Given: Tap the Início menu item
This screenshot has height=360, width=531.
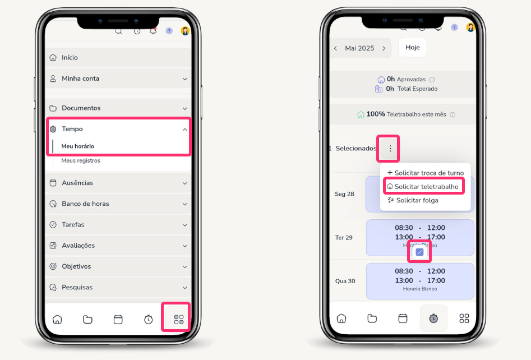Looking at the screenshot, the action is click(x=70, y=58).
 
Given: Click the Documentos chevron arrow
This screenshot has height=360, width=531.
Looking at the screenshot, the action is click(x=185, y=108).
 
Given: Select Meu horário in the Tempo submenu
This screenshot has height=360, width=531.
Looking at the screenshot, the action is click(x=77, y=146).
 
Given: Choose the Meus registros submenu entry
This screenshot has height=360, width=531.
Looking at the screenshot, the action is click(x=81, y=160).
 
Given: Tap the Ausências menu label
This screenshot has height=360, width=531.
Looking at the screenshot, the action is click(x=77, y=183).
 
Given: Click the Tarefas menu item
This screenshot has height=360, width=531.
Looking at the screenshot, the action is click(x=73, y=224).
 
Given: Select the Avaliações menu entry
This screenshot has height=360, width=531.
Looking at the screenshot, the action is click(x=79, y=246).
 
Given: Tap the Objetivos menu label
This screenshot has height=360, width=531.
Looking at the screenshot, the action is click(x=76, y=266).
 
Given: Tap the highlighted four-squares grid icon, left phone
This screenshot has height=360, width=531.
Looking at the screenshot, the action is click(x=179, y=320).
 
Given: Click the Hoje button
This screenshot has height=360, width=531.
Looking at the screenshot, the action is click(x=413, y=48).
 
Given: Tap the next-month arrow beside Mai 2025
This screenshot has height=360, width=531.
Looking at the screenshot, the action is click(x=384, y=48).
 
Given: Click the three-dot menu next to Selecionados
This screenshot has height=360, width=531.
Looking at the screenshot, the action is click(x=390, y=149).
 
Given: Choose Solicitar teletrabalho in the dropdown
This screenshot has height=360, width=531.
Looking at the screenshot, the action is click(x=426, y=187).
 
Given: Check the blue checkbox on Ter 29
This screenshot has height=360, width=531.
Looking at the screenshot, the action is click(x=419, y=252).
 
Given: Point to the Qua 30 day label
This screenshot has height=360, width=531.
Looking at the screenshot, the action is click(x=345, y=281).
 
